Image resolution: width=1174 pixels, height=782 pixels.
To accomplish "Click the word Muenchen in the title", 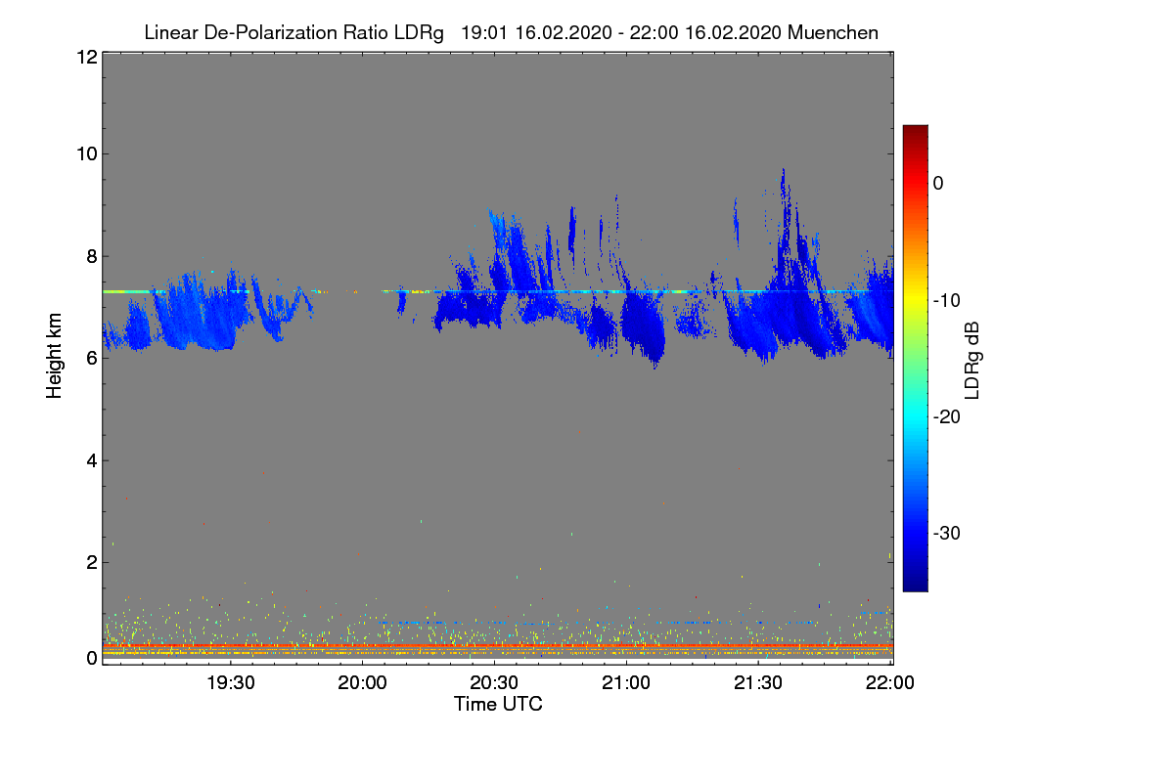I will pyautogui.click(x=833, y=32).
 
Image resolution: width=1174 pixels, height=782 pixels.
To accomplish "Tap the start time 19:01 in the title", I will pyautogui.click(x=481, y=32).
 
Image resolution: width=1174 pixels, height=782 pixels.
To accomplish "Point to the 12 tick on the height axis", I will pyautogui.click(x=85, y=57).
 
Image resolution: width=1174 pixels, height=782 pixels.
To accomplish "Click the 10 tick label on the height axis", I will pyautogui.click(x=85, y=153).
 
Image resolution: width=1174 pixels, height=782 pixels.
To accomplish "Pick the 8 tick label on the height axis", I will pyautogui.click(x=90, y=256).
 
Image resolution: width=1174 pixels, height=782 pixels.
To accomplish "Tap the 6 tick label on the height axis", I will pyautogui.click(x=90, y=358).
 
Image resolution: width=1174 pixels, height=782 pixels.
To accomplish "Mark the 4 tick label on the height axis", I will pyautogui.click(x=90, y=460).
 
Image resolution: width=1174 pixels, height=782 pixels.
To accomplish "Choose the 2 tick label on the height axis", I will pyautogui.click(x=90, y=562).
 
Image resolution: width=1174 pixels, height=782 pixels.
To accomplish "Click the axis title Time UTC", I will pyautogui.click(x=498, y=703).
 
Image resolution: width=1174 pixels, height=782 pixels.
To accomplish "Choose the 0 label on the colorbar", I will pyautogui.click(x=938, y=183).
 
